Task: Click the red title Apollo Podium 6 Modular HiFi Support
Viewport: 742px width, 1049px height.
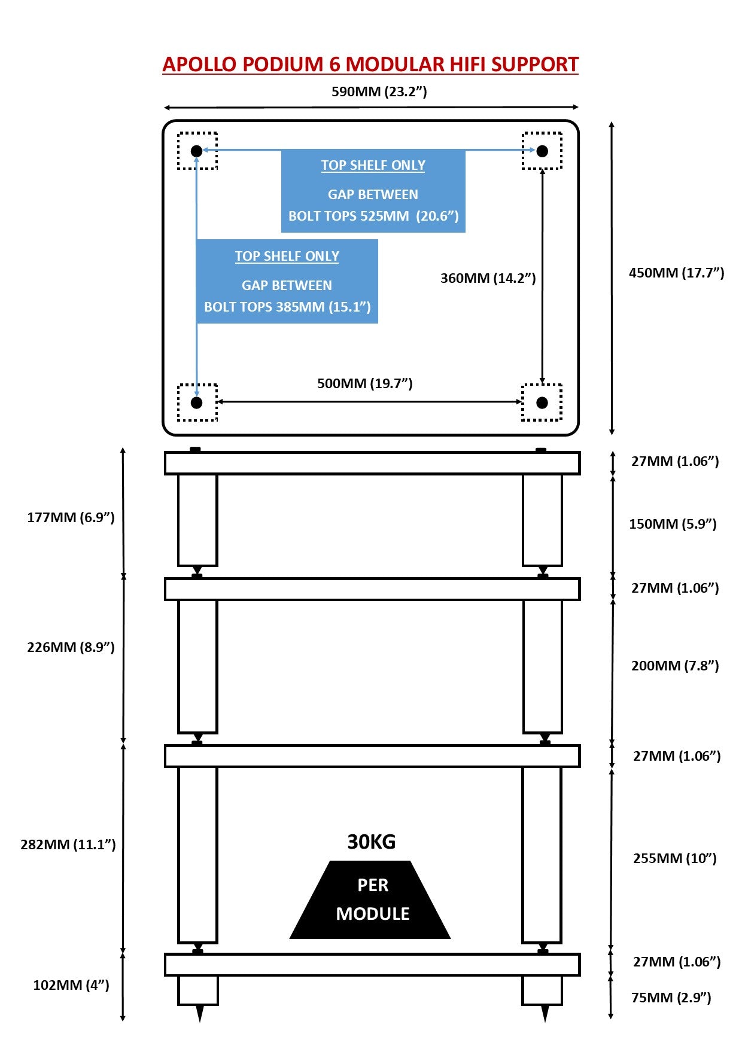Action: tap(370, 65)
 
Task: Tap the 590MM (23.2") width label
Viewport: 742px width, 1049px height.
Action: tap(379, 92)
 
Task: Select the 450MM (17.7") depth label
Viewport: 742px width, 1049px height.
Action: tap(676, 273)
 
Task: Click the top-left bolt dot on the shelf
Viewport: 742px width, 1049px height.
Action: tap(196, 151)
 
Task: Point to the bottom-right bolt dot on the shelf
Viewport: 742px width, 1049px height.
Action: tap(542, 402)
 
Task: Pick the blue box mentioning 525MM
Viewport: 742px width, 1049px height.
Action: tap(373, 191)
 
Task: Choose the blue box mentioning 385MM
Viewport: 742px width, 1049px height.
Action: tap(287, 282)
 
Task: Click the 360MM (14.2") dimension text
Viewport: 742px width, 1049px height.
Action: tap(488, 278)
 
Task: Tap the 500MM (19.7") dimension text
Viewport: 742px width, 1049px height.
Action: tap(364, 383)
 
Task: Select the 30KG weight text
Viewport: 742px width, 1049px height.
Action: tap(372, 842)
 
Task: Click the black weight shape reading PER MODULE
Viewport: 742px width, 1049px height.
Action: tap(371, 900)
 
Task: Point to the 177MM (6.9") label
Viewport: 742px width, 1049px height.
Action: tap(71, 517)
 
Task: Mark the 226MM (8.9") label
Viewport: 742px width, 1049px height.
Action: tap(71, 647)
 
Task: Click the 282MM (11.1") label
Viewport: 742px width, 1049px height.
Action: tap(68, 844)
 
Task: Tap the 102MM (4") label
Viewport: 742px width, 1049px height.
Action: tap(71, 985)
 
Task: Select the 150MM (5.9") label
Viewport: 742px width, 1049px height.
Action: tap(673, 524)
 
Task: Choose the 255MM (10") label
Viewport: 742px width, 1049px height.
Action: tap(674, 858)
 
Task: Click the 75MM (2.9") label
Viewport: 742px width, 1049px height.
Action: tap(671, 998)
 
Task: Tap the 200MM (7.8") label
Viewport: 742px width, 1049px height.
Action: tap(675, 666)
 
